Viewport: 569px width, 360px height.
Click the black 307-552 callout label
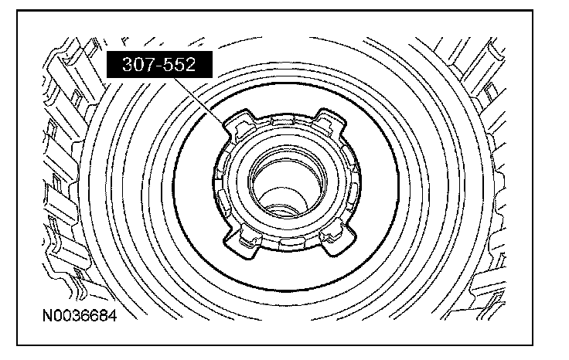[159, 65]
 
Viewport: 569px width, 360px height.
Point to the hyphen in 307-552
[159, 66]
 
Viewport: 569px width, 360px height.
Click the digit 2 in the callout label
[191, 65]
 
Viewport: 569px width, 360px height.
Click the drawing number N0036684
[80, 315]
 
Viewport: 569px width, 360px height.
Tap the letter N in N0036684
[47, 315]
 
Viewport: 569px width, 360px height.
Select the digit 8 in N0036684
[103, 315]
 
